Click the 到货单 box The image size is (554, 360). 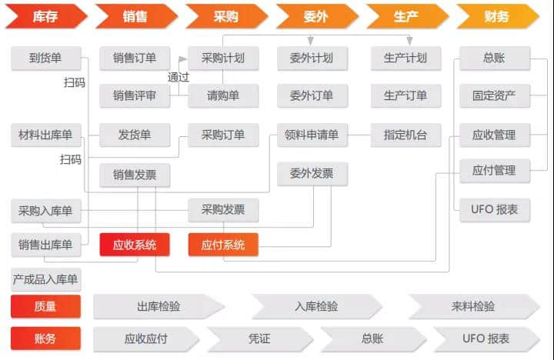pyautogui.click(x=45, y=58)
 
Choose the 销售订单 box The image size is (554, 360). pyautogui.click(x=135, y=58)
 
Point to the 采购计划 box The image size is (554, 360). pyautogui.click(x=223, y=58)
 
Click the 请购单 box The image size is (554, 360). pyautogui.click(x=223, y=95)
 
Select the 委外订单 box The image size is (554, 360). pyautogui.click(x=312, y=95)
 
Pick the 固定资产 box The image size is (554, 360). pyautogui.click(x=494, y=95)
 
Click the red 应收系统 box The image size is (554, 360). pyautogui.click(x=135, y=245)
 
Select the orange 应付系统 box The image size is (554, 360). pyautogui.click(x=223, y=245)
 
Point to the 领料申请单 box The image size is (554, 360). pyautogui.click(x=312, y=135)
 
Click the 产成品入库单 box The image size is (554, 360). pyautogui.click(x=45, y=278)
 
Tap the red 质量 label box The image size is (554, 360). pyautogui.click(x=45, y=306)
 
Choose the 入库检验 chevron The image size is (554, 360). pyautogui.click(x=316, y=306)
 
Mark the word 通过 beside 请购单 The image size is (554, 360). pyautogui.click(x=179, y=77)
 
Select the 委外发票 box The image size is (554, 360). pyautogui.click(x=312, y=174)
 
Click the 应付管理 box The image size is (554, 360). pyautogui.click(x=494, y=171)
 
